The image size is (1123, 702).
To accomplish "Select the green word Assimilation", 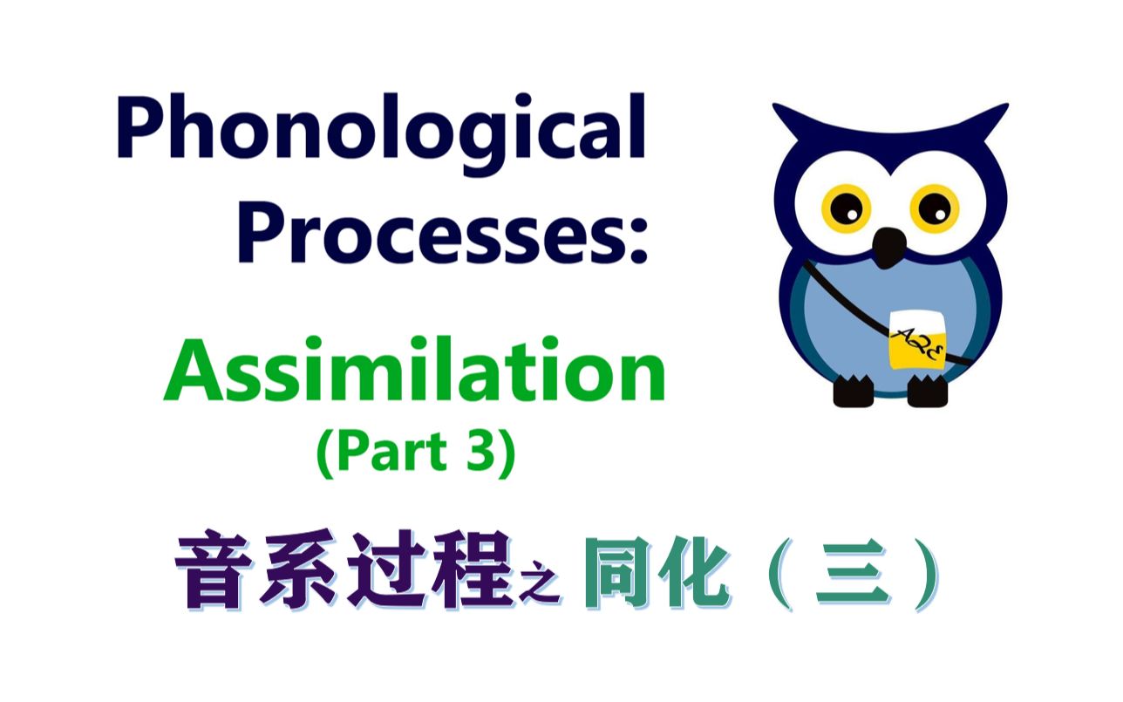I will (415, 371).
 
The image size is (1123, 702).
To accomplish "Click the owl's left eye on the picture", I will (845, 208).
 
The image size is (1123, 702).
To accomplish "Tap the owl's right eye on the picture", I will (934, 208).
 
